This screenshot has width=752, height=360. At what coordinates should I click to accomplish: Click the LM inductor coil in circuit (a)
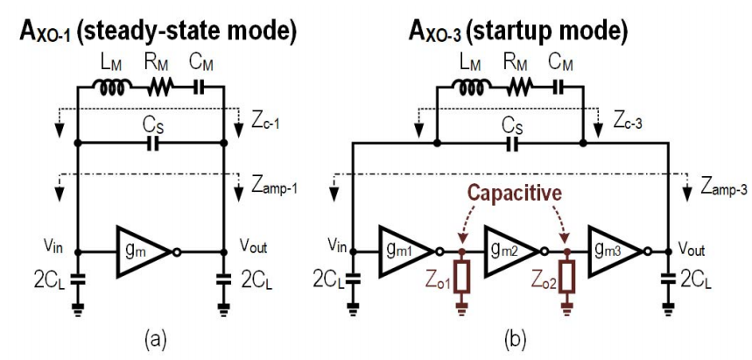(111, 87)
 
